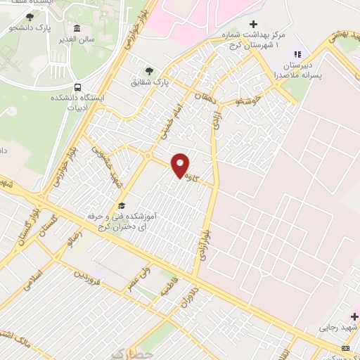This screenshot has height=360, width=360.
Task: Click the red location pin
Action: [x=181, y=165]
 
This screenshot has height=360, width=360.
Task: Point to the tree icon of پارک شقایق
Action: [x=148, y=70]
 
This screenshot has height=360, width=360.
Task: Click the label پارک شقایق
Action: [x=148, y=83]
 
